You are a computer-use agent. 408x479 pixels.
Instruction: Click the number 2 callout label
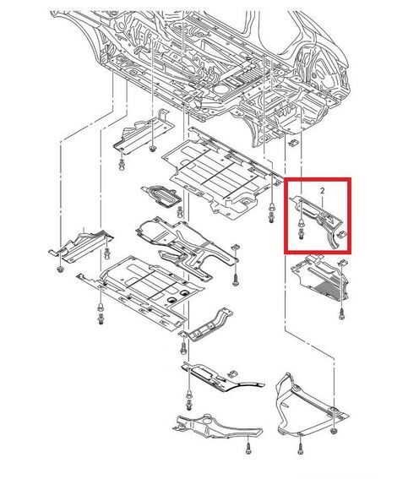[x=323, y=191]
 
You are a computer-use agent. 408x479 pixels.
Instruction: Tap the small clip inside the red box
[x=341, y=235]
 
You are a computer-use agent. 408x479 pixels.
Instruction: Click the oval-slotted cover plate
[x=161, y=195]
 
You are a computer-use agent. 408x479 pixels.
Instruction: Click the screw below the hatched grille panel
[x=341, y=314]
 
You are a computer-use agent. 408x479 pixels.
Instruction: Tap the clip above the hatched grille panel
[x=343, y=263]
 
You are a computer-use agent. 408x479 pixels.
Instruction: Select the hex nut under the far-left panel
[x=61, y=269]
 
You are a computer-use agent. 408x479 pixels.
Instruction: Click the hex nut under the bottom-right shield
[x=334, y=431]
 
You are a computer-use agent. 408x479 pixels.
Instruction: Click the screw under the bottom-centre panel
[x=248, y=449]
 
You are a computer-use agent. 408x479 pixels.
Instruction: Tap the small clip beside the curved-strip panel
[x=232, y=373]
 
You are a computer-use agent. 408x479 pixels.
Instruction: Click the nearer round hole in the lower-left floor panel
[x=171, y=300]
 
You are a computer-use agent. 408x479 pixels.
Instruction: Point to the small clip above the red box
[x=294, y=143]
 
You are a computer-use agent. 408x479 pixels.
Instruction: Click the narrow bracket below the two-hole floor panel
[x=207, y=327]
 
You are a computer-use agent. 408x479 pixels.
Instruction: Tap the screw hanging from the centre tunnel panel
[x=236, y=280]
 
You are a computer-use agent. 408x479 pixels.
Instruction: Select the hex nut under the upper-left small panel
[x=152, y=149]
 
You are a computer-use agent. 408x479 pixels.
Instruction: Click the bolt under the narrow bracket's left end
[x=183, y=348]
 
